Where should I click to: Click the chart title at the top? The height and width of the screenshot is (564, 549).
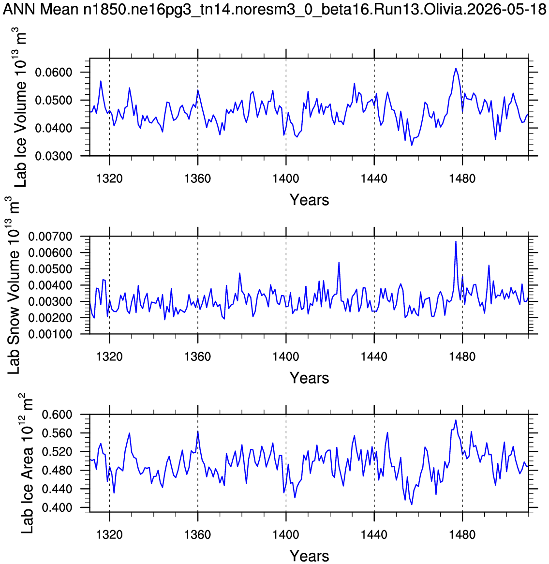click(275, 9)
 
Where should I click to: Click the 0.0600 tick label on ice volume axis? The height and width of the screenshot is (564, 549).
click(54, 72)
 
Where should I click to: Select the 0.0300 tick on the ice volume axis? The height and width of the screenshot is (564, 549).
click(54, 156)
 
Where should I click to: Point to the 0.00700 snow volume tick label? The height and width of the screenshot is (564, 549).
click(50, 237)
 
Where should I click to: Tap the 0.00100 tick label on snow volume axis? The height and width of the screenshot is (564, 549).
click(50, 334)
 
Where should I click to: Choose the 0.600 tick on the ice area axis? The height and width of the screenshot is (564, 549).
click(57, 415)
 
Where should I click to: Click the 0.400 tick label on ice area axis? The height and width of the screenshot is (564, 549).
click(57, 507)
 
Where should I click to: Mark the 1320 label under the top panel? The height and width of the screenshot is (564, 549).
click(109, 178)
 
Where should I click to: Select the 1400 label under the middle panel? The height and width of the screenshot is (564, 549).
click(286, 356)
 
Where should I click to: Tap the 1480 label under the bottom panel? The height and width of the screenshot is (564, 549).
click(462, 534)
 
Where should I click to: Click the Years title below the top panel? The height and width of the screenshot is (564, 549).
click(310, 200)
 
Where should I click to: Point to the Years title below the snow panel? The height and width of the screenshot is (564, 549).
click(310, 378)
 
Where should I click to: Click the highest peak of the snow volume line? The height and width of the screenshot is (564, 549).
click(456, 241)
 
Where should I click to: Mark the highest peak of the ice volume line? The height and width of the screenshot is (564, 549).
click(456, 68)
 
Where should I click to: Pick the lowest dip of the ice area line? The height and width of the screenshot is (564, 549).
click(412, 505)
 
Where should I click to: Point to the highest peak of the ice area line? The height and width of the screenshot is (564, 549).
click(456, 420)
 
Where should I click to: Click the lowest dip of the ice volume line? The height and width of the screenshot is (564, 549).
click(412, 145)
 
